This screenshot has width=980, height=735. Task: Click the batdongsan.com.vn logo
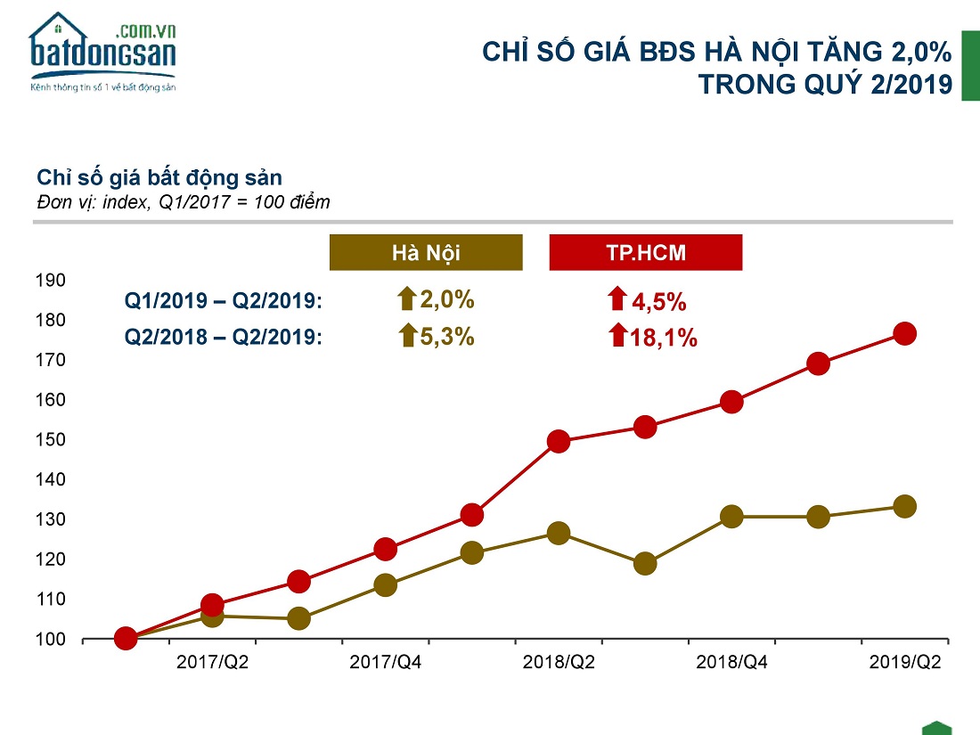coord(102,53)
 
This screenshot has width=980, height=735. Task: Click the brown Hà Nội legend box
coord(425,252)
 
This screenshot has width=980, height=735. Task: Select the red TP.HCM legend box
coord(646,252)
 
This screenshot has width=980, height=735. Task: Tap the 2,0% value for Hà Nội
coord(446,299)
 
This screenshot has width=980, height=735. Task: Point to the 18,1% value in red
coord(663,339)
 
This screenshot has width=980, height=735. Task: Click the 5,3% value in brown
coord(446,337)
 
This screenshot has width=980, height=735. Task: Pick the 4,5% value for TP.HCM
coord(658,302)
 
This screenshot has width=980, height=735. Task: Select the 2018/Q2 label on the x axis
coord(559,662)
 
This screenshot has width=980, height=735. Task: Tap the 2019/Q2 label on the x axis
coord(904,662)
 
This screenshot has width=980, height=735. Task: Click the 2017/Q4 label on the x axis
coord(385,662)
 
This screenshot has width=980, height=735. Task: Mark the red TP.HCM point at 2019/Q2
coord(904,333)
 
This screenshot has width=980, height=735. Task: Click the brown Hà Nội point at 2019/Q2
coord(904,506)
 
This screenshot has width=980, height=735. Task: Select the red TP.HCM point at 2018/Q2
coord(559,441)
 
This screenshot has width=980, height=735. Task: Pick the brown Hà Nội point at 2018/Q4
coord(731,517)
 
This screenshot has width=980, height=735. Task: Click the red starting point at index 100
coord(126,638)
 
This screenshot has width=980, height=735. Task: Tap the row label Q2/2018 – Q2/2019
coord(223,338)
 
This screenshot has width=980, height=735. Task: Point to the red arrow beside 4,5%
coord(617,298)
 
